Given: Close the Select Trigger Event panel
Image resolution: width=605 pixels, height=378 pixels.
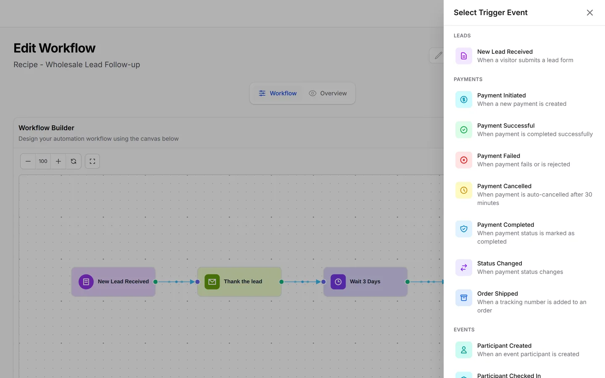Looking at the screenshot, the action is click(589, 13).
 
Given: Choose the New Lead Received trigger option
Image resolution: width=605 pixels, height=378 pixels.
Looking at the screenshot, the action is click(524, 56).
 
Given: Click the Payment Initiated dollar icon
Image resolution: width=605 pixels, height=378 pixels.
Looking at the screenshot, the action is click(464, 100).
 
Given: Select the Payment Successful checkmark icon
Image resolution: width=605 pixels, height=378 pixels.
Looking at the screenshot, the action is click(464, 130).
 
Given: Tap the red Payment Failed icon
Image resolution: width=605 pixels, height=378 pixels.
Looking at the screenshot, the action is click(464, 160).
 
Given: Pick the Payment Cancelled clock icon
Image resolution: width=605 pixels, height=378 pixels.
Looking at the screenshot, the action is click(464, 190).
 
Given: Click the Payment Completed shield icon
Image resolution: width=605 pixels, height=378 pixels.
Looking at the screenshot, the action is click(464, 229).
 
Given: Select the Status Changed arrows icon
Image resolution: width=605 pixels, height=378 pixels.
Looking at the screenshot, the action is click(464, 268).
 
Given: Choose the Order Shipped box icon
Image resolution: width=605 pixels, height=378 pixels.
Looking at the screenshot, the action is click(464, 298).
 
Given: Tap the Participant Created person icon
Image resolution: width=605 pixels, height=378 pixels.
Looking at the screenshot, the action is click(464, 350).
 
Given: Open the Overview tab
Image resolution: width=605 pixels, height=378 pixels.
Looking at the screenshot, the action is click(328, 93).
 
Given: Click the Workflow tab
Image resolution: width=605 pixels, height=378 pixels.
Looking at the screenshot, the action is click(278, 93).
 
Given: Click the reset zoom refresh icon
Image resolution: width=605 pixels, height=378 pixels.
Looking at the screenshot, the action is click(74, 161).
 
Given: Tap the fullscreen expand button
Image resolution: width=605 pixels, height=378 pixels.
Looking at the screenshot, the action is click(92, 161).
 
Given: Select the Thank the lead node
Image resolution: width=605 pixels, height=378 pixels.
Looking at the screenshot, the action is click(239, 281).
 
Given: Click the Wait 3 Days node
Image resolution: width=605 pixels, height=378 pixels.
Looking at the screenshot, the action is click(366, 281).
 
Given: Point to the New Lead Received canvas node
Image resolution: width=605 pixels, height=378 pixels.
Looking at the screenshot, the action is click(113, 281).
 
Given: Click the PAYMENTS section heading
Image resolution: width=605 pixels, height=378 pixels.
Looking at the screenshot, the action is click(468, 79).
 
